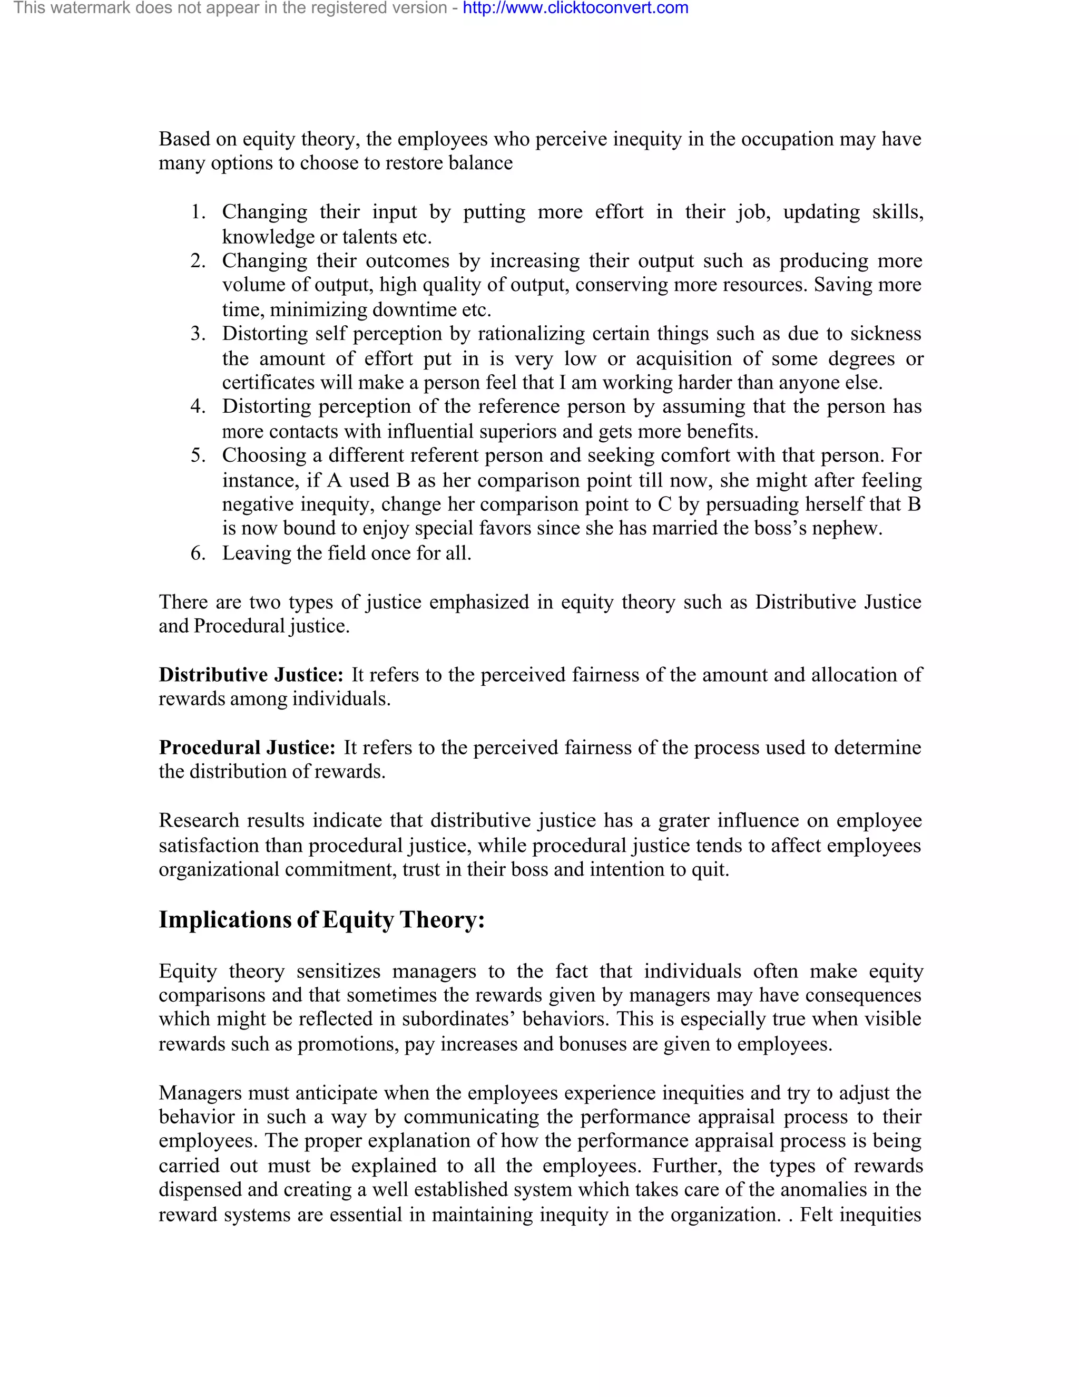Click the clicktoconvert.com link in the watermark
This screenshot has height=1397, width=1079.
[575, 8]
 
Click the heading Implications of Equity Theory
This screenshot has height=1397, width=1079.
[321, 920]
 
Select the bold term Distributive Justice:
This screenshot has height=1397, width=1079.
[251, 675]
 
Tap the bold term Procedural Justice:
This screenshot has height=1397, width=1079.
[247, 748]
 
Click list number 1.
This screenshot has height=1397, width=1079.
[198, 212]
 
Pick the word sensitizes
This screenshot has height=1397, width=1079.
[338, 972]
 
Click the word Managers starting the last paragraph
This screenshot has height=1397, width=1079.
[200, 1093]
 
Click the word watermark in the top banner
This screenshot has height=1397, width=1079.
[90, 8]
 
